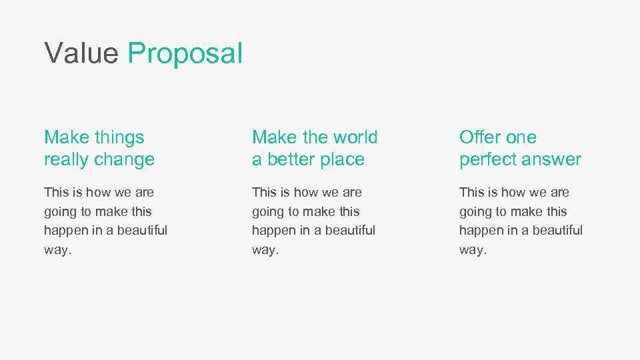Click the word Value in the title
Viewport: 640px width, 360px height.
coord(81,53)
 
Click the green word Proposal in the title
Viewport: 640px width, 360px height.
coord(185,53)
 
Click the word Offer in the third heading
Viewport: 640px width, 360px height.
coord(478,137)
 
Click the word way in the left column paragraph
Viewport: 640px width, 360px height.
coord(56,251)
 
